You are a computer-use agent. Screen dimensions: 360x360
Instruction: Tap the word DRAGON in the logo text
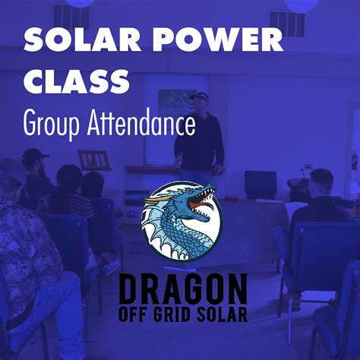click(x=182, y=290)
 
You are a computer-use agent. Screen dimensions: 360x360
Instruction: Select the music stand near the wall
click(x=94, y=160)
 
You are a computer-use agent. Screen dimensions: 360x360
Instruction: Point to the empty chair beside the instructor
click(x=260, y=185)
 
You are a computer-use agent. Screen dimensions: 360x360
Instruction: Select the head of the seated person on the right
click(x=320, y=182)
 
